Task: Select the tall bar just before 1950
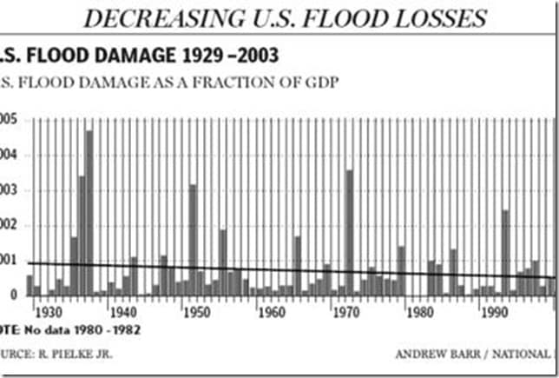(193, 239)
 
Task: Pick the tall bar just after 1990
(505, 252)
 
